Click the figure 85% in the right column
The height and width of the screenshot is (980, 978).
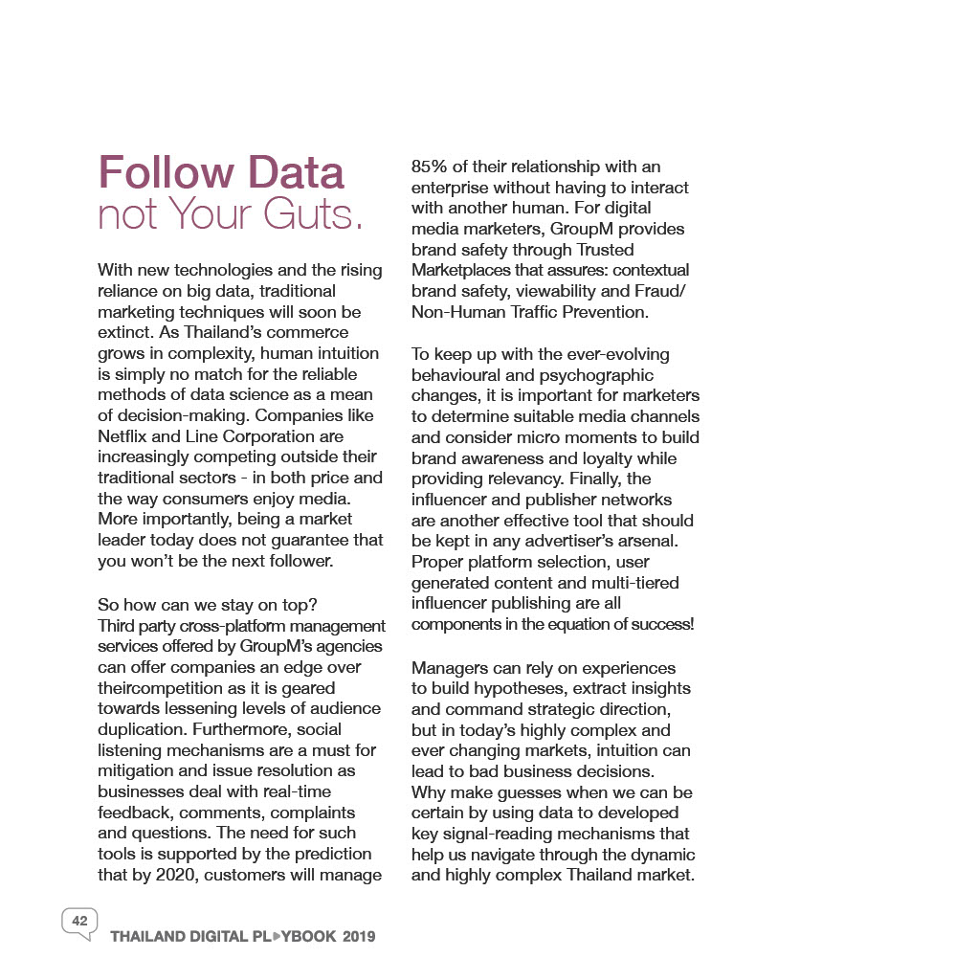click(x=432, y=167)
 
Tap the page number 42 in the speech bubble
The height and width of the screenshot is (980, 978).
click(x=79, y=921)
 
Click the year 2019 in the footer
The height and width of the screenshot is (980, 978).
click(x=359, y=937)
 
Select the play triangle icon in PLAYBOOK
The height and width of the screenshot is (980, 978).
click(x=277, y=936)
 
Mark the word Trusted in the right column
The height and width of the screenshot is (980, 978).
click(x=602, y=250)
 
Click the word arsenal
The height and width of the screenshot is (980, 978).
click(x=675, y=541)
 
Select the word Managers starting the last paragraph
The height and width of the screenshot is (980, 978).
click(x=450, y=668)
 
